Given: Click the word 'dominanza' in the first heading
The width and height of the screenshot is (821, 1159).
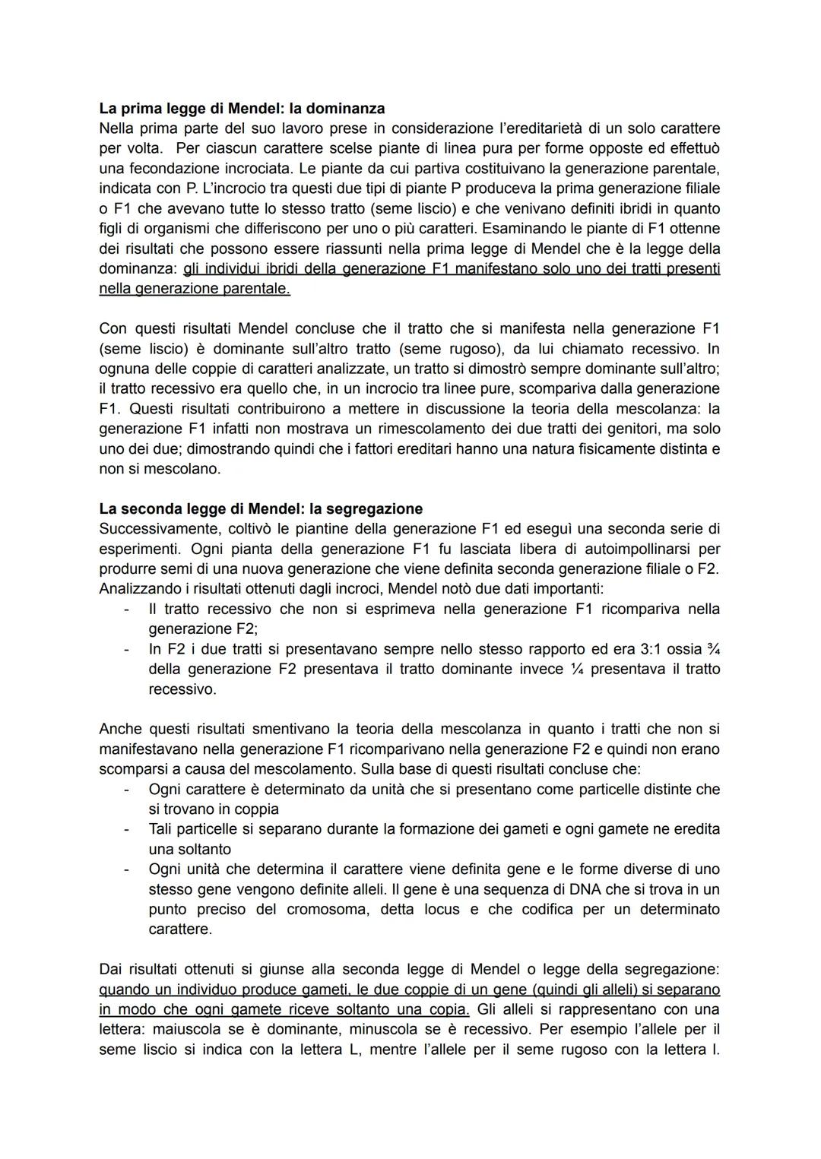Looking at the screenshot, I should tap(347, 108).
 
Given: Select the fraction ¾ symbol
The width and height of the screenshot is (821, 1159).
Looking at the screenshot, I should tap(712, 649).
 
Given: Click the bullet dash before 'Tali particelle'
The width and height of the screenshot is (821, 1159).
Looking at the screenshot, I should tap(127, 829).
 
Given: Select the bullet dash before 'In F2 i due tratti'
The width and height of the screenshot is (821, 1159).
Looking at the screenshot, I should tap(127, 649).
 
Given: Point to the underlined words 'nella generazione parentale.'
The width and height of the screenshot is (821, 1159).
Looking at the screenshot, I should tap(195, 289).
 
